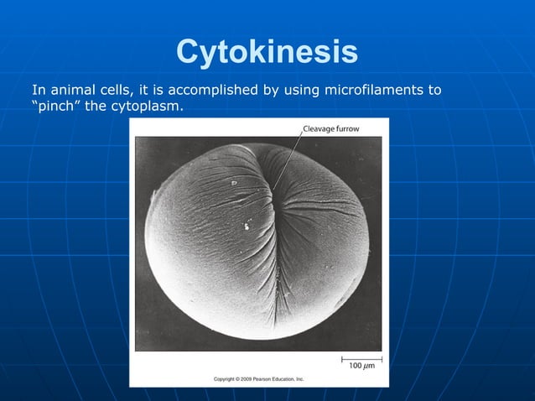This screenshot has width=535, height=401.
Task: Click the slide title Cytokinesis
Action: click(x=267, y=53)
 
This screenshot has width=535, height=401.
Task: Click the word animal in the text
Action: click(x=73, y=90)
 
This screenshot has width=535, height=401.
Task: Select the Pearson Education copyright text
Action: click(x=258, y=379)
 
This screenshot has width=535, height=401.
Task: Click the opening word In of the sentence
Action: click(x=38, y=90)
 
